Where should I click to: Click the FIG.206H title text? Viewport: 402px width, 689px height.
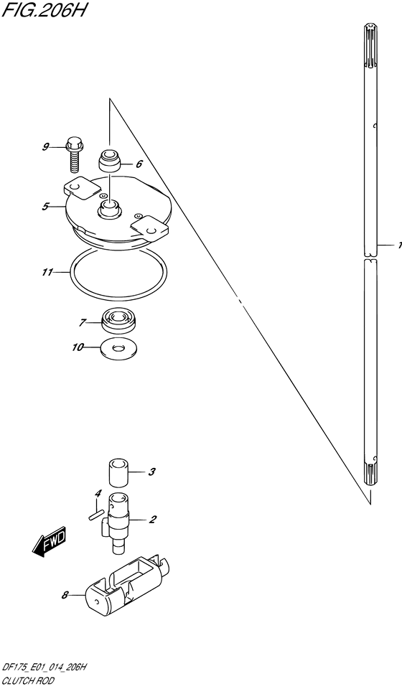[x=43, y=9]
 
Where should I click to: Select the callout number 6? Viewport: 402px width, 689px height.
[x=139, y=164]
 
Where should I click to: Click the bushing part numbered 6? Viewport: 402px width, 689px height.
[x=109, y=161]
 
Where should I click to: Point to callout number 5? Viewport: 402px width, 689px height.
[x=45, y=206]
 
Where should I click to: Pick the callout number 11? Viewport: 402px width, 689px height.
[x=47, y=273]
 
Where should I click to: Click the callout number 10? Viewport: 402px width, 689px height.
[x=78, y=347]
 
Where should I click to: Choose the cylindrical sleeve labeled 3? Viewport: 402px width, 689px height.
[x=118, y=473]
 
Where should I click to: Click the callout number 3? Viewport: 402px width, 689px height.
[x=151, y=473]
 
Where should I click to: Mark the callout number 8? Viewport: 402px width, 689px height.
[x=65, y=596]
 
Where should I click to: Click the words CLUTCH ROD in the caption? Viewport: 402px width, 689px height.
[x=28, y=680]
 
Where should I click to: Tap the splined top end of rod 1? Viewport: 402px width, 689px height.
[x=370, y=47]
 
